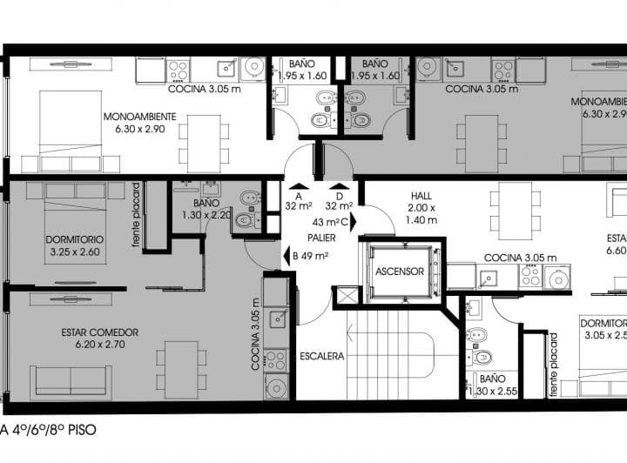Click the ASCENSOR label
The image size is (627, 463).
tap(400, 272)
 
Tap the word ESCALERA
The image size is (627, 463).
tap(322, 356)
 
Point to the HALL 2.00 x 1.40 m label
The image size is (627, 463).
tap(420, 209)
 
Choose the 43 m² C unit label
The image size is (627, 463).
tap(331, 222)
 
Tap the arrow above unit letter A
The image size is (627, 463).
tap(298, 185)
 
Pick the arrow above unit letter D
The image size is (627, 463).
tap(338, 185)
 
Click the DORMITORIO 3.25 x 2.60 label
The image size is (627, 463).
tap(75, 245)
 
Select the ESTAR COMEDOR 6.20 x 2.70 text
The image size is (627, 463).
tap(99, 338)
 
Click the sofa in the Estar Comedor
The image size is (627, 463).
tap(71, 381)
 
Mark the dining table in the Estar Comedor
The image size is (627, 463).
tap(181, 369)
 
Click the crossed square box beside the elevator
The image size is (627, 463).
tap(346, 296)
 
